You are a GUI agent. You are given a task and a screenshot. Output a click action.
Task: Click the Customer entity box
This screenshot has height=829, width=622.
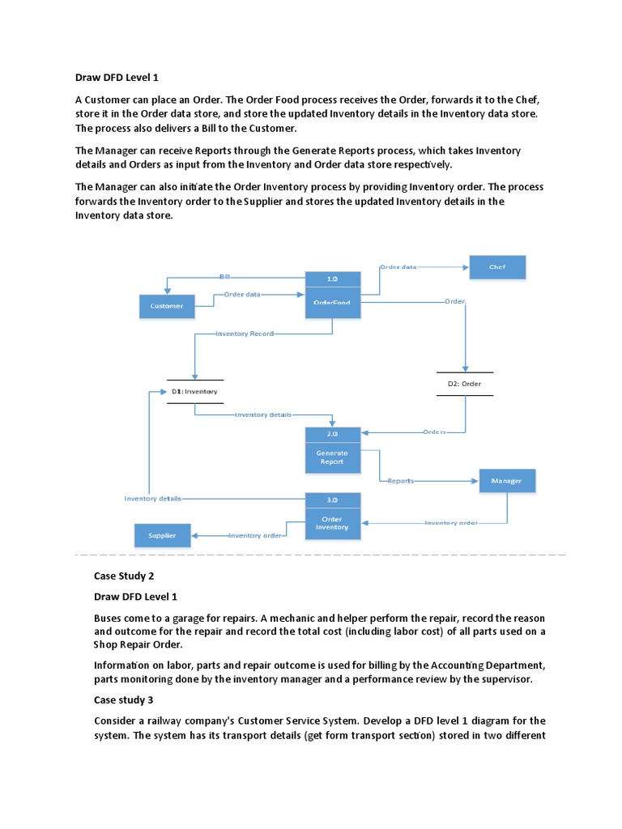[x=166, y=306]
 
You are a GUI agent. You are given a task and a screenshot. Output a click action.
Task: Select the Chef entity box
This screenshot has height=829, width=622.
[x=496, y=267]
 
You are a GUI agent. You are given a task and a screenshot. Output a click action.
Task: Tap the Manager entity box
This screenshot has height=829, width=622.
[x=507, y=481]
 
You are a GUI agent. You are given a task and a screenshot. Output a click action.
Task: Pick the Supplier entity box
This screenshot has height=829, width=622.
[x=162, y=535]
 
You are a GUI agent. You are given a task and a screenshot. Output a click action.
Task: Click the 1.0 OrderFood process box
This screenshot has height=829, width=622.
[x=332, y=294]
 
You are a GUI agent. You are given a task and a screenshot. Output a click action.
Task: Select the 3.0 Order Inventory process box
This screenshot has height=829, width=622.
[x=332, y=516]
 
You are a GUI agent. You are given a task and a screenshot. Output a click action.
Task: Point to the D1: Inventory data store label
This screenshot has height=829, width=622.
[x=194, y=392]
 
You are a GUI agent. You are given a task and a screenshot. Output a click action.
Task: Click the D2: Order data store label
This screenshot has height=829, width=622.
[x=464, y=384]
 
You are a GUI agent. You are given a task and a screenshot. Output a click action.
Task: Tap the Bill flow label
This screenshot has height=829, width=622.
[x=224, y=277]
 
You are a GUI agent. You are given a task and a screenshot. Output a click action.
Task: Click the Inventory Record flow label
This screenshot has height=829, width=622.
[x=245, y=334]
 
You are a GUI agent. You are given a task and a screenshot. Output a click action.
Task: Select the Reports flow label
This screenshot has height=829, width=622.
[x=400, y=481]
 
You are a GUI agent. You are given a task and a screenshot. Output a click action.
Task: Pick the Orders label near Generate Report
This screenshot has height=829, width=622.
[x=434, y=432]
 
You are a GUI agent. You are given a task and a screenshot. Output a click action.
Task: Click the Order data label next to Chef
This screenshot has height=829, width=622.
[x=398, y=266]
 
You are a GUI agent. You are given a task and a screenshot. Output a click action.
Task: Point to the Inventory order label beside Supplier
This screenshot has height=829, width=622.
[x=255, y=535]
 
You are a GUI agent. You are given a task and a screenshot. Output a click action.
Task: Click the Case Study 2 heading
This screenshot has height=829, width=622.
[x=124, y=576]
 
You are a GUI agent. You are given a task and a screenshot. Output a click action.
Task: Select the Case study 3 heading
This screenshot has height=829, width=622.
[x=123, y=699]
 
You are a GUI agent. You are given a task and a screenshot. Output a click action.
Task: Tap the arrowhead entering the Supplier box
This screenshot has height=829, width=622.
[x=195, y=535]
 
